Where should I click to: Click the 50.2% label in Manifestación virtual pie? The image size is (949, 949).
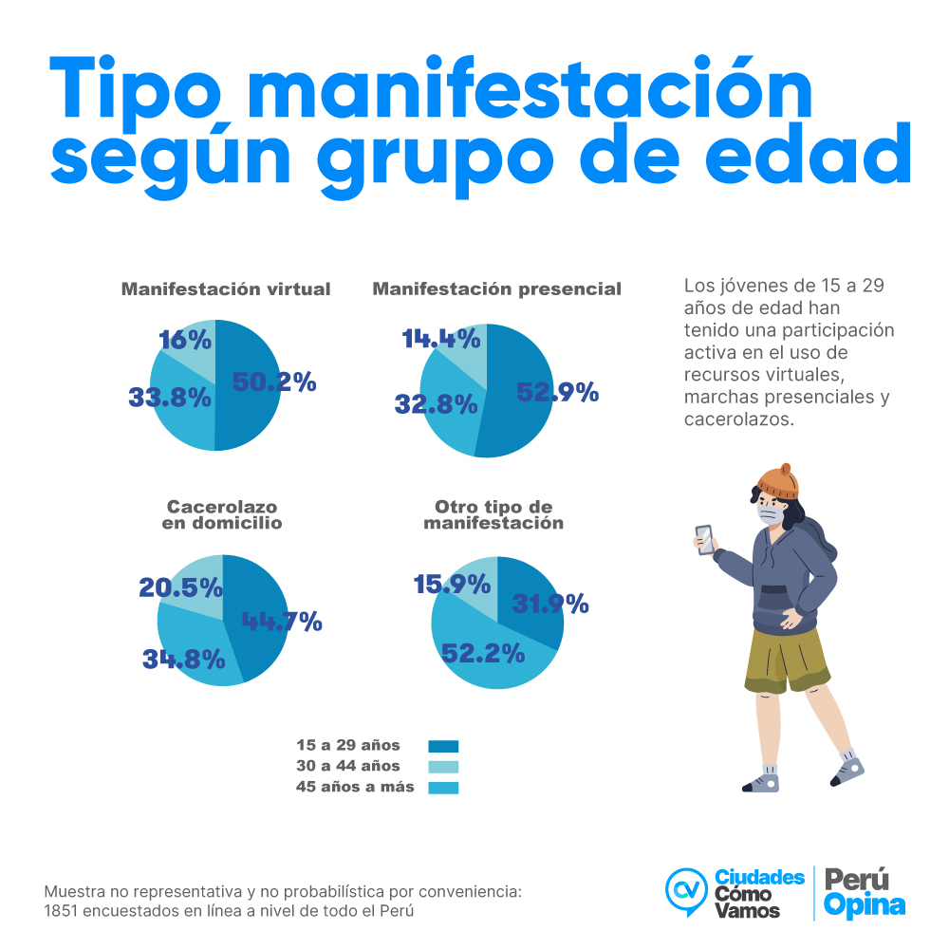coord(274,382)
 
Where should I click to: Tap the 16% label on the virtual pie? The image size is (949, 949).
coord(185,340)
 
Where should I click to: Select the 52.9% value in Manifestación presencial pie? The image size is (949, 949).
coord(557,391)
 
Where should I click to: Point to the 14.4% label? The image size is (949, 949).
coord(440,339)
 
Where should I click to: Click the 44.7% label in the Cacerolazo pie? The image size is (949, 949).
coord(282,623)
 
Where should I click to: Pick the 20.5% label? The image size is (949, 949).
coord(180,587)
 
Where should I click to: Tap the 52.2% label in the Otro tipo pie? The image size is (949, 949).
coord(482,652)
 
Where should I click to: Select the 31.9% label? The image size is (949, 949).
coord(550,604)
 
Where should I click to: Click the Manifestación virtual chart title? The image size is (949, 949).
coord(226,288)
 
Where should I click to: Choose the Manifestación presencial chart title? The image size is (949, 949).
coord(496,288)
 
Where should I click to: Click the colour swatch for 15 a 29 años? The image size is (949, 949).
coord(443,746)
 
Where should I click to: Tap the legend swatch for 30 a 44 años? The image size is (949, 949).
coord(443,767)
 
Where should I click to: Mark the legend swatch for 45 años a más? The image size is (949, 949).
coord(443,788)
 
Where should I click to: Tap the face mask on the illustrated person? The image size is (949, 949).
coord(772,513)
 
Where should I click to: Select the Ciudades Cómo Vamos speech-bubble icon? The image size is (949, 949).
coord(686,890)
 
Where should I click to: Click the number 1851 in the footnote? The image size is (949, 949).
coord(62,910)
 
